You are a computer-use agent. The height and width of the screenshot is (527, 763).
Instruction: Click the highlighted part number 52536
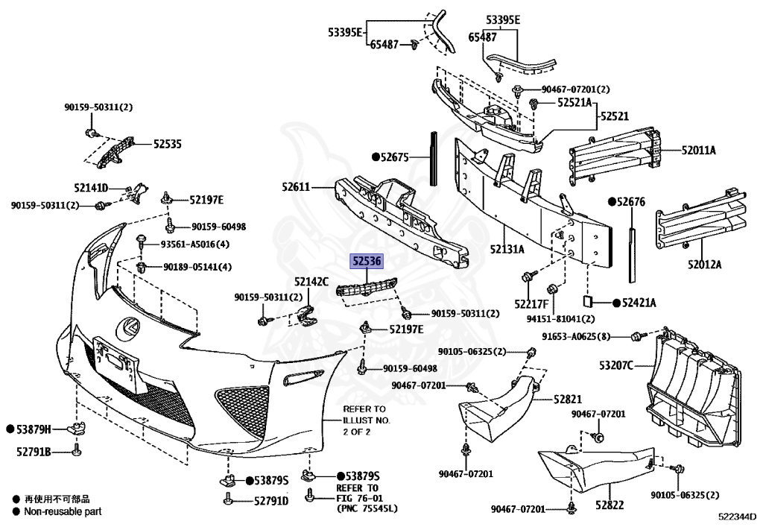pyautogui.click(x=367, y=261)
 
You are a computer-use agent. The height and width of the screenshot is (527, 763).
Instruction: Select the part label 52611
pyautogui.click(x=296, y=186)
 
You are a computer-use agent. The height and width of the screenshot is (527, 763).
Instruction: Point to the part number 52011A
pyautogui.click(x=698, y=150)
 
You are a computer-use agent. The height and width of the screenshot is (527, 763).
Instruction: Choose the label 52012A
pyautogui.click(x=708, y=264)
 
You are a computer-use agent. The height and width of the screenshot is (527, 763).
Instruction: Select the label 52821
pyautogui.click(x=568, y=400)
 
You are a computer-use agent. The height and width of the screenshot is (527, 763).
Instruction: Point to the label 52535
pyautogui.click(x=168, y=143)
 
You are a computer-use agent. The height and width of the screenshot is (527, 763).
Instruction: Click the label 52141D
pyautogui.click(x=91, y=187)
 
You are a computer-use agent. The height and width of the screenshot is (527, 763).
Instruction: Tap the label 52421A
pyautogui.click(x=639, y=303)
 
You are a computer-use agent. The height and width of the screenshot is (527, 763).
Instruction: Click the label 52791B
pyautogui.click(x=34, y=451)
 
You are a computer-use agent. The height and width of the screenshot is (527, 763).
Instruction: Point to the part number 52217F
pyautogui.click(x=530, y=304)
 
